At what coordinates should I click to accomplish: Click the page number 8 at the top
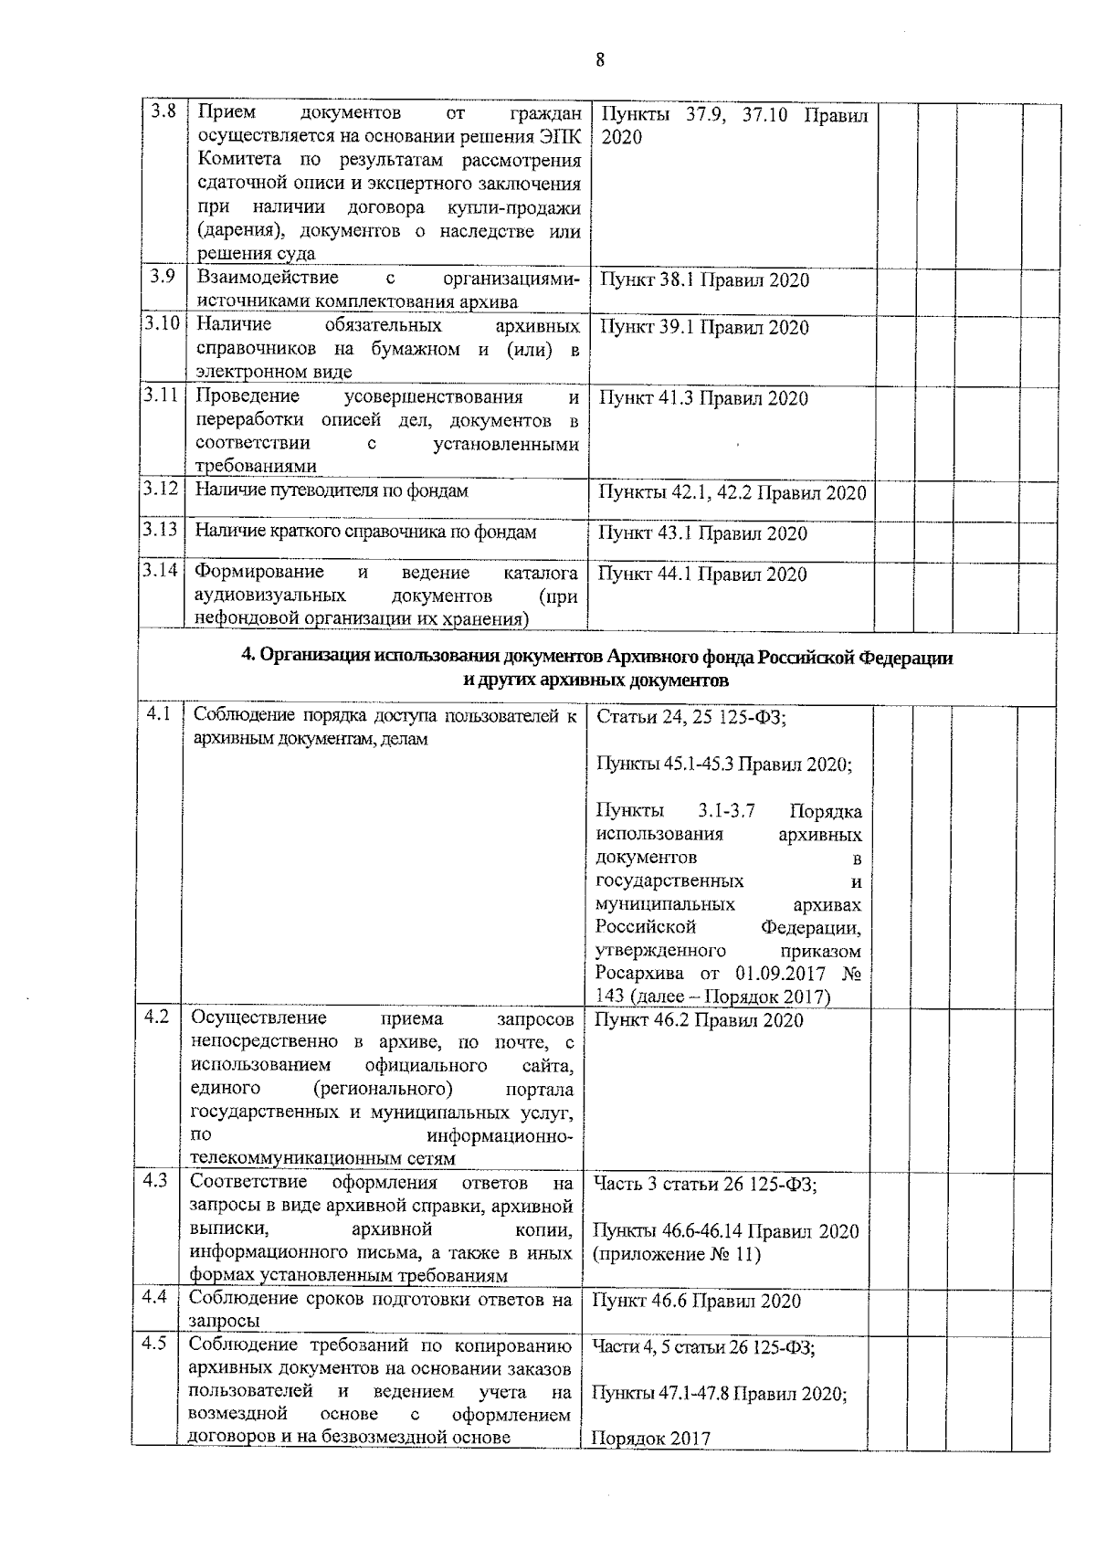(599, 60)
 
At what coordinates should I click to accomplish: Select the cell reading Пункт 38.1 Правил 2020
(703, 280)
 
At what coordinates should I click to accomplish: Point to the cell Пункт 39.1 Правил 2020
(703, 328)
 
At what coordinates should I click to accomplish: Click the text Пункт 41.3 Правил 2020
(703, 398)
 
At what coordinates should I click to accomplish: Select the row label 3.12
(161, 489)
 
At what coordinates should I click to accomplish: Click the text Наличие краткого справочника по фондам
(365, 532)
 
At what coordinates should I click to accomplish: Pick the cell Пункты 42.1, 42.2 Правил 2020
(732, 493)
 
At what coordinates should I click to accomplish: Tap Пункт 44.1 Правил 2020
(701, 575)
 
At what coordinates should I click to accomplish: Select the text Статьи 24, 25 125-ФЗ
(690, 717)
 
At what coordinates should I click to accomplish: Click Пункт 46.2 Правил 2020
(699, 1020)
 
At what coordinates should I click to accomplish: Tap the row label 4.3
(155, 1180)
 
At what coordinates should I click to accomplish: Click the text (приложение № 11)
(677, 1254)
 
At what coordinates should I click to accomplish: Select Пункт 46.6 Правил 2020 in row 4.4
(696, 1301)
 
